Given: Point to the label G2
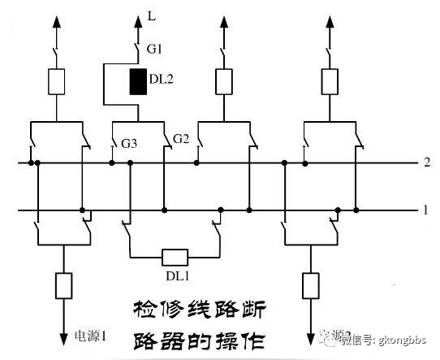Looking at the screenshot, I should click(180, 140).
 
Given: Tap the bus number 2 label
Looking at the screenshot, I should click(425, 163).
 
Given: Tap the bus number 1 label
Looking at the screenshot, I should click(425, 210).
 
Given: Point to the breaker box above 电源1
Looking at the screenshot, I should click(63, 285).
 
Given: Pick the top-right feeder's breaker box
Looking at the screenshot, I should click(329, 80).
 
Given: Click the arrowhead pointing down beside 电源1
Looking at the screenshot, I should click(63, 335).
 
